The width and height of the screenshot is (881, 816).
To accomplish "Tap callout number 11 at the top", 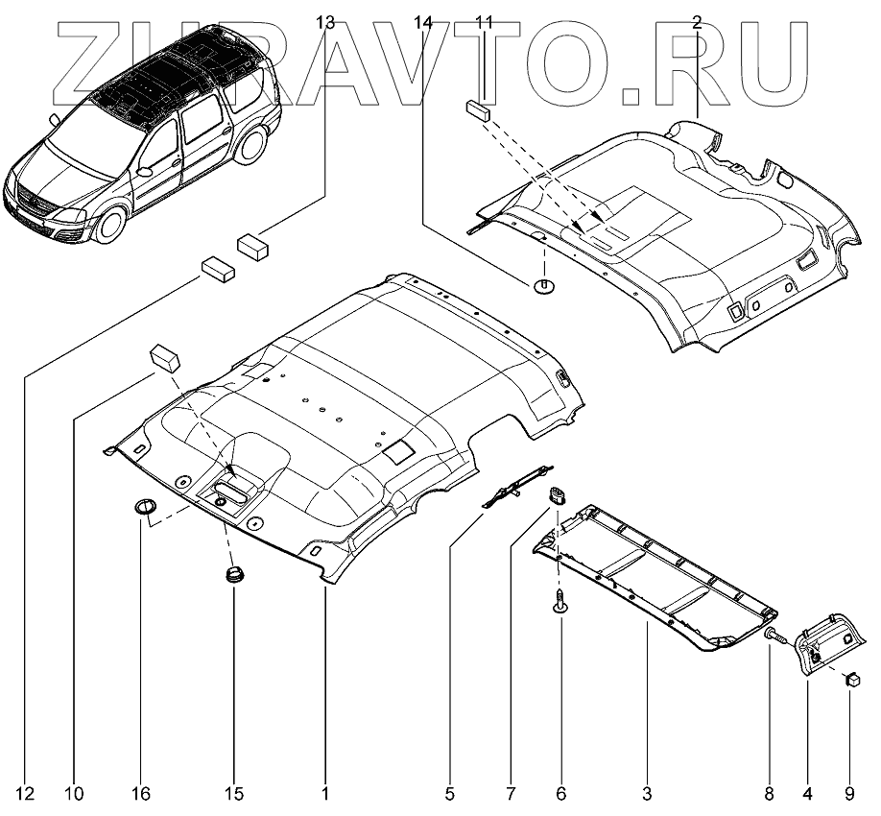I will click(x=484, y=20).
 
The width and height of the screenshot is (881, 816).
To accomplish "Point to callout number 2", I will click(x=696, y=20).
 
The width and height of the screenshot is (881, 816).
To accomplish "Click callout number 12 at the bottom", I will click(x=26, y=794).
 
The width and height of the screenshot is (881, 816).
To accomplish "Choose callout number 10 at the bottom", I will click(x=75, y=794).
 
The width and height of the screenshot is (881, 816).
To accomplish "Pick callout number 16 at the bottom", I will click(x=141, y=794).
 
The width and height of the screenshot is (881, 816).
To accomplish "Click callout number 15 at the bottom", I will click(x=233, y=794).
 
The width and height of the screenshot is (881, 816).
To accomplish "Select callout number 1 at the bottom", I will click(x=325, y=794).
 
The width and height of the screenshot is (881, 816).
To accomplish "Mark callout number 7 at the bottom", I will click(x=511, y=794).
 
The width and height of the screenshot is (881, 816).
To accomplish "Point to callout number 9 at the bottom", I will click(x=848, y=794).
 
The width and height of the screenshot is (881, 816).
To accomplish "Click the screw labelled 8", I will click(x=774, y=635).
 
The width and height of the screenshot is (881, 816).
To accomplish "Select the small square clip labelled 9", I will click(x=850, y=680).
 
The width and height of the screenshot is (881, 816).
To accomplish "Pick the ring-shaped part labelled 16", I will click(x=143, y=507).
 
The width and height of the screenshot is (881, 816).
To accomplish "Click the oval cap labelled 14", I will click(x=544, y=285).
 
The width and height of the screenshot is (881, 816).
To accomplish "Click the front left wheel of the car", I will click(x=111, y=225).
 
